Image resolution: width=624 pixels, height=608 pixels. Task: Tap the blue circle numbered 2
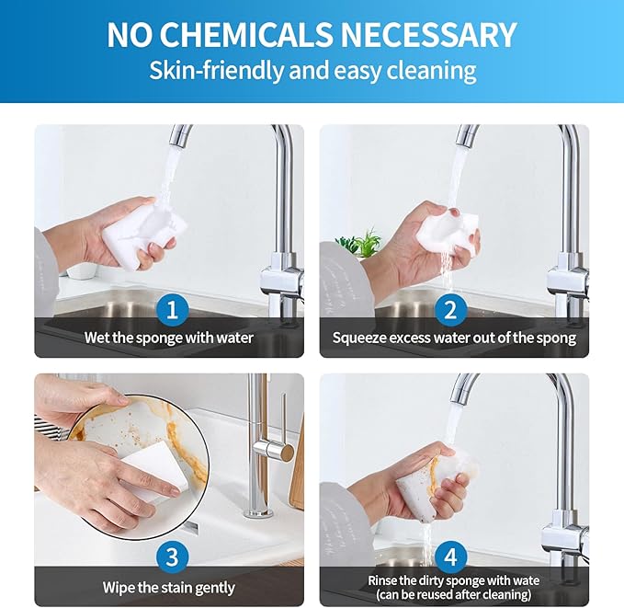(x=450, y=309)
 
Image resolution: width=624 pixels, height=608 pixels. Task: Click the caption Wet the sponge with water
(x=169, y=338)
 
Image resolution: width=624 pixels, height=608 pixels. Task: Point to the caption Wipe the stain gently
(x=169, y=587)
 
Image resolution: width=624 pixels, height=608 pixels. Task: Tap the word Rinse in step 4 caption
(x=386, y=580)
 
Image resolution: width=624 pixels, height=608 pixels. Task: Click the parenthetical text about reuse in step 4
(x=454, y=594)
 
